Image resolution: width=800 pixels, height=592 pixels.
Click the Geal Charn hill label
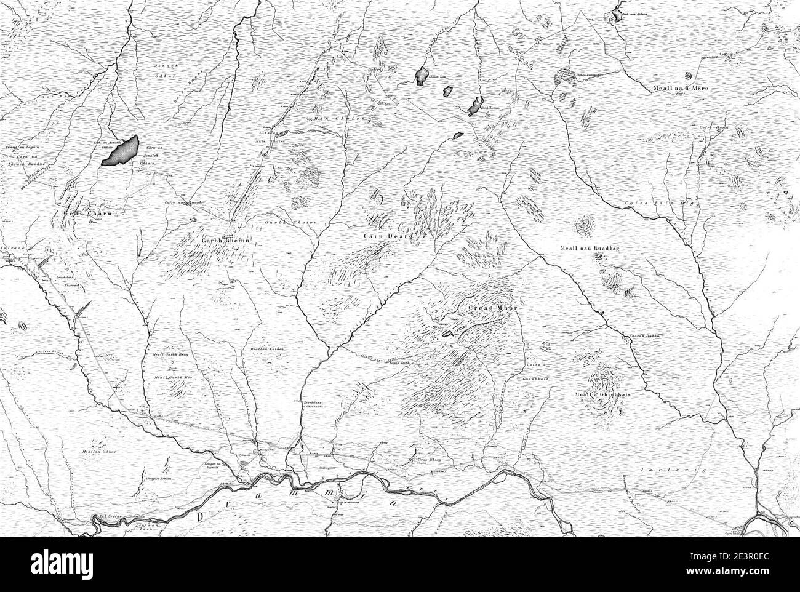coord(87,214)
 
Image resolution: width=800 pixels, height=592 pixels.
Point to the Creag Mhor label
coord(489,306)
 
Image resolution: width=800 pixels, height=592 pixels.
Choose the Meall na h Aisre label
coord(680,88)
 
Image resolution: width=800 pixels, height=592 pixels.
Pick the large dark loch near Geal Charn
coord(121,151)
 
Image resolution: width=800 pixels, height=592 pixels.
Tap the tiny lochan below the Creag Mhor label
coord(446,334)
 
